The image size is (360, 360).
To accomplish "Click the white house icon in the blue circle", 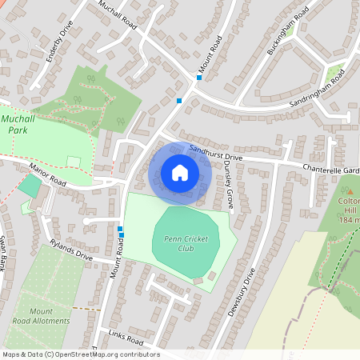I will click(180, 173).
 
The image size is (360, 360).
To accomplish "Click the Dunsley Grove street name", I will click(227, 187).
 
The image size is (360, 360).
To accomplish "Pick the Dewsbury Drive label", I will click(240, 292).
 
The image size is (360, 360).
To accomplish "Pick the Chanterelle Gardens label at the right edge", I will click(331, 170).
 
